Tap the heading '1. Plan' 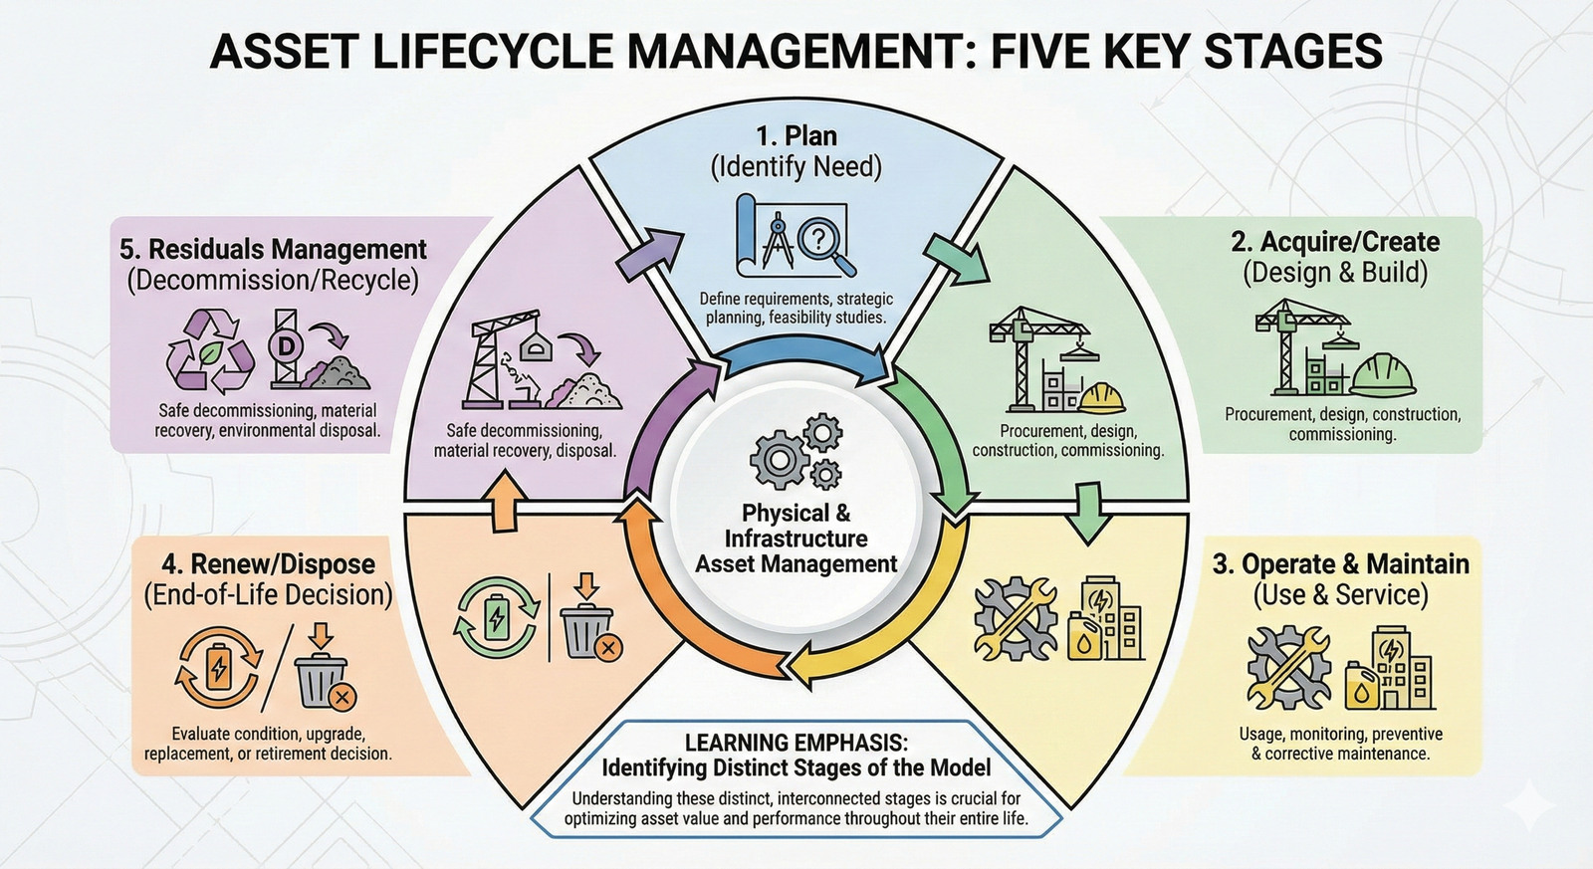[796, 135]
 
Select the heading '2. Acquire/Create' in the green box [1335, 242]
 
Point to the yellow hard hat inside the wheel [1102, 397]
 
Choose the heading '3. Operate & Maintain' [1340, 564]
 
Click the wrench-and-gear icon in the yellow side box [1288, 667]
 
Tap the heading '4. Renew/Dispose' [268, 564]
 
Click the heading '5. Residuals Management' [273, 249]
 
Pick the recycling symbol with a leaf [204, 348]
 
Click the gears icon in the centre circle [796, 453]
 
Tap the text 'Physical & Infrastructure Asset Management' [796, 539]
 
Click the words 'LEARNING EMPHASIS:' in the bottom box [796, 743]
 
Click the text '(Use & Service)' [1340, 595]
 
